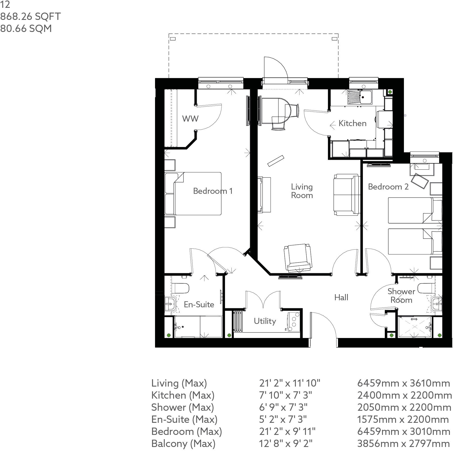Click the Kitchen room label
(x=352, y=123)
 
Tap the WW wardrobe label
(x=190, y=119)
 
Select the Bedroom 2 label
(x=388, y=187)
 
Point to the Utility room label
(x=265, y=321)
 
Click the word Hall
(x=341, y=297)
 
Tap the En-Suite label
(x=199, y=305)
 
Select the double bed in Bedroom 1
(x=194, y=194)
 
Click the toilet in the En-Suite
(x=180, y=288)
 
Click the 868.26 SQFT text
(x=30, y=17)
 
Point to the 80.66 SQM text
(x=26, y=28)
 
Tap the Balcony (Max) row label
(x=183, y=443)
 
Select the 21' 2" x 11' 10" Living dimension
(x=290, y=383)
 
